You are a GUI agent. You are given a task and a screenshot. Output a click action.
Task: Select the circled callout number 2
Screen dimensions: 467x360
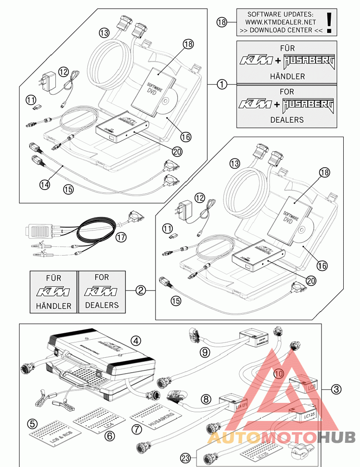pyautogui.click(x=141, y=291)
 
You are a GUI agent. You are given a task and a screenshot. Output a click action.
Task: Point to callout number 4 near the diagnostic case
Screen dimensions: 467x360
pyautogui.click(x=136, y=341)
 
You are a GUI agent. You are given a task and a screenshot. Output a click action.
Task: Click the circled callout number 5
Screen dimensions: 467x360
pyautogui.click(x=32, y=423)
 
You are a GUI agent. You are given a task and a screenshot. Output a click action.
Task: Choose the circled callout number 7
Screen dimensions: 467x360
pyautogui.click(x=137, y=429)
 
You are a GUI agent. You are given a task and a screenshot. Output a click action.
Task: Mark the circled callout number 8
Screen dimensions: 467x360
pyautogui.click(x=206, y=399)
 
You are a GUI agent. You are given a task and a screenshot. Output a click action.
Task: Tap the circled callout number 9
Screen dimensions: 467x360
pyautogui.click(x=205, y=352)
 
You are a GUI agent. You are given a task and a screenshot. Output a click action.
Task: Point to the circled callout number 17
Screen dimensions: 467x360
pyautogui.click(x=121, y=237)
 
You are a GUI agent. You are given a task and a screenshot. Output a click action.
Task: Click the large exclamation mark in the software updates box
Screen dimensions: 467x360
pyautogui.click(x=329, y=22)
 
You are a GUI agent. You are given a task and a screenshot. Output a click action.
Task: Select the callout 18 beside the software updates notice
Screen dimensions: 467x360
pyautogui.click(x=223, y=21)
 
